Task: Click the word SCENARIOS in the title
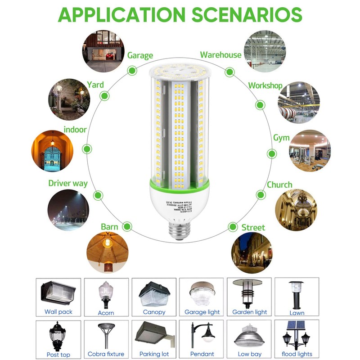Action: (x=247, y=15)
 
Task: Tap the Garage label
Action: (x=140, y=56)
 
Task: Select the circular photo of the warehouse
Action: (x=265, y=51)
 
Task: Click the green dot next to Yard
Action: (x=105, y=95)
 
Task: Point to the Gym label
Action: (x=281, y=138)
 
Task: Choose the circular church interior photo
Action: (x=296, y=209)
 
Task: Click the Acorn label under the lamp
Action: (x=106, y=313)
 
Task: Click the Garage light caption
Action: (x=202, y=312)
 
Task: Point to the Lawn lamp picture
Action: (x=296, y=293)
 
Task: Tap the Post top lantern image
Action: (x=58, y=335)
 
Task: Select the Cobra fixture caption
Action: (x=106, y=354)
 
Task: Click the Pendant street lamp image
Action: (x=202, y=335)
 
